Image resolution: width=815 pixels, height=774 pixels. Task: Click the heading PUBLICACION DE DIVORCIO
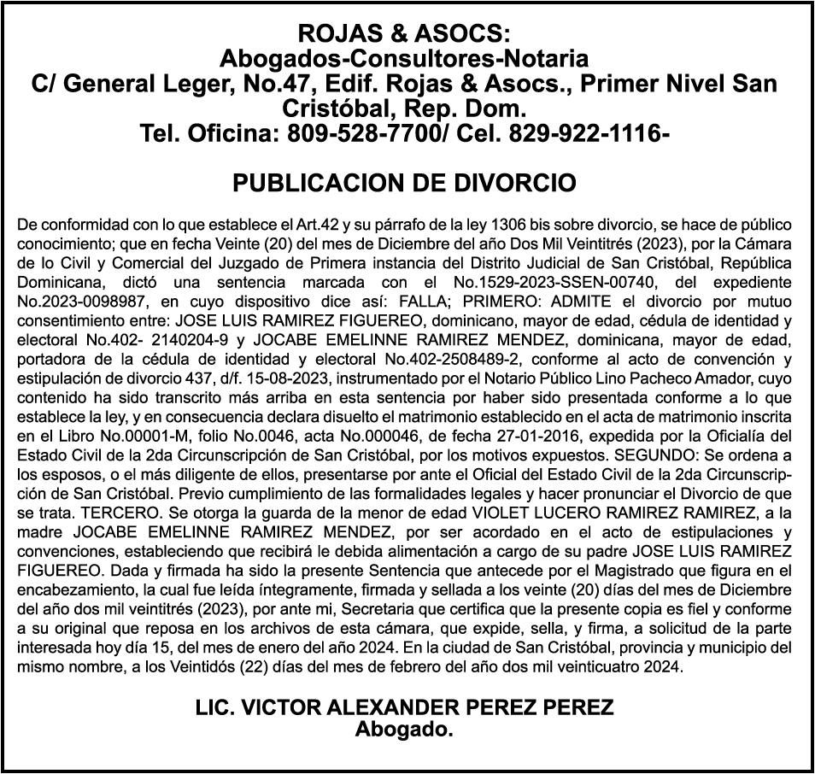click(405, 184)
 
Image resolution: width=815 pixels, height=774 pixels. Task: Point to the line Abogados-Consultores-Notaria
click(405, 59)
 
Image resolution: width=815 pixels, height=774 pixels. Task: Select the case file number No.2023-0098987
click(71, 302)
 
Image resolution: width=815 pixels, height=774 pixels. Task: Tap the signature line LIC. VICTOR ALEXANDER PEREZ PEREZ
click(405, 708)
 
